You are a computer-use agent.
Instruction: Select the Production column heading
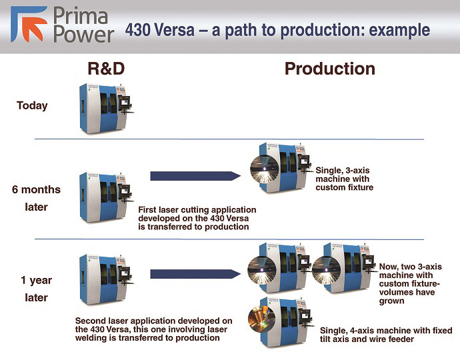(x=329, y=69)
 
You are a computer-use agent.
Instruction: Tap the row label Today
(x=33, y=105)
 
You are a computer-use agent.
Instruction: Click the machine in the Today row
(x=105, y=106)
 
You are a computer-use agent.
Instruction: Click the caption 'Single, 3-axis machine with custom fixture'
(x=347, y=179)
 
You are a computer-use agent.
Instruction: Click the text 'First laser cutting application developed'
(x=197, y=218)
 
